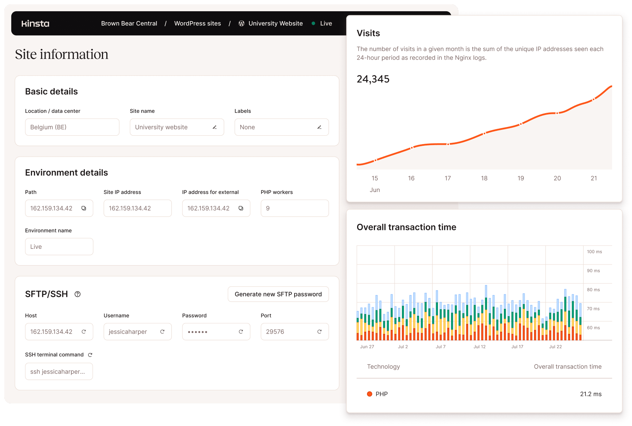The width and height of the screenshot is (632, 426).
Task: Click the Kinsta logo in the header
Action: point(35,24)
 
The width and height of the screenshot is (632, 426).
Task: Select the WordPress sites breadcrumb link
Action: point(197,23)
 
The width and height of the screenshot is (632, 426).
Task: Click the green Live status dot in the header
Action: point(313,23)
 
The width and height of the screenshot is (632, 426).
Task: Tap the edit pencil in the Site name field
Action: point(215,127)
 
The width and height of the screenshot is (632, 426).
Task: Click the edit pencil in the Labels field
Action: point(319,127)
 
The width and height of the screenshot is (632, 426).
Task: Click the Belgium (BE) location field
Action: point(72,127)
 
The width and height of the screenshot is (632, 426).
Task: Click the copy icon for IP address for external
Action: point(241,208)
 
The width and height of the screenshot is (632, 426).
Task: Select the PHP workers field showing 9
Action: point(295,208)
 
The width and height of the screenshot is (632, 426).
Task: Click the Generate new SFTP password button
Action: point(278,294)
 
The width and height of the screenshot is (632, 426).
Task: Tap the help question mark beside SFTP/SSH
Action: point(78,294)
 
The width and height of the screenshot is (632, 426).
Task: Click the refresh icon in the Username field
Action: point(162,332)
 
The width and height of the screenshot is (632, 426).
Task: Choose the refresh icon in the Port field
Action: point(319,332)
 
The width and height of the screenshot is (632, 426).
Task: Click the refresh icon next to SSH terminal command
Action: point(90,355)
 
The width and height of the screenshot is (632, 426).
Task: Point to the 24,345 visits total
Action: point(373,79)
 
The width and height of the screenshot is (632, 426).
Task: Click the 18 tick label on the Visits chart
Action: point(484,178)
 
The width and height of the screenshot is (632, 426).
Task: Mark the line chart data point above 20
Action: point(557,113)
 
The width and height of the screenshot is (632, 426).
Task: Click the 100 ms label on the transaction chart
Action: point(594,252)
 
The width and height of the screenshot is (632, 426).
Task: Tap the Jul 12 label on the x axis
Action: point(479,347)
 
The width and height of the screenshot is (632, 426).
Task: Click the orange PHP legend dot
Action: point(370,394)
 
